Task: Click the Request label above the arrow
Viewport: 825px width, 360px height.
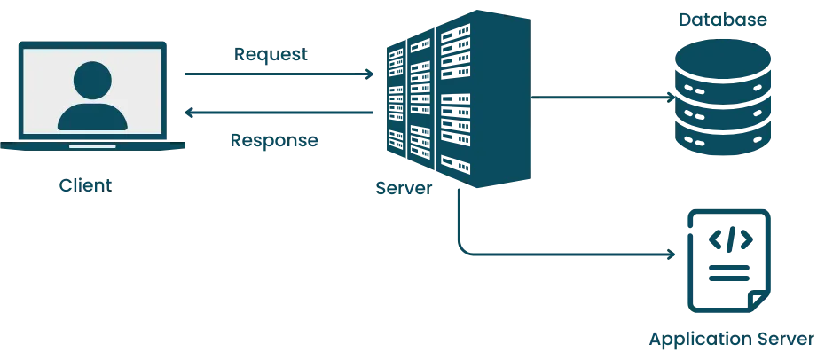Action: coord(272,56)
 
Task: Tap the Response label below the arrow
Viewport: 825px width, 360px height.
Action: coord(273,140)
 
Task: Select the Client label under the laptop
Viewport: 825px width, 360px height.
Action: coord(86,184)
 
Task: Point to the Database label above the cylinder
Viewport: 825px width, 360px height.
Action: coord(723,20)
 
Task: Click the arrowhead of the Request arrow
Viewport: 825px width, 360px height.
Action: coord(371,74)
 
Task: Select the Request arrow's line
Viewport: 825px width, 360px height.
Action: coord(275,74)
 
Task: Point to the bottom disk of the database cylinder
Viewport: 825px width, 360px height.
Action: coord(723,139)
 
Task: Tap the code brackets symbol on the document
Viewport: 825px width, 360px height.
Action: coord(730,239)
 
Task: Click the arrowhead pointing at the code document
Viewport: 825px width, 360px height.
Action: coord(672,255)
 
